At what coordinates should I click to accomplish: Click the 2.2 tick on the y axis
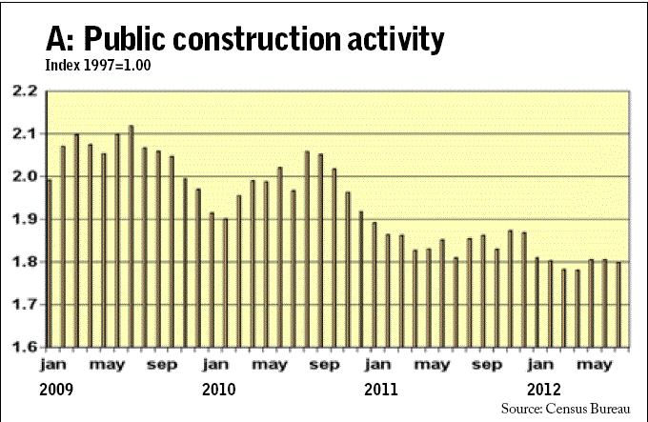click(23, 91)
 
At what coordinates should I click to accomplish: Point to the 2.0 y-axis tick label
click(23, 177)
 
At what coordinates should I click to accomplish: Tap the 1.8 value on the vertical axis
click(23, 262)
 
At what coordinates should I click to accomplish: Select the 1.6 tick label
click(23, 347)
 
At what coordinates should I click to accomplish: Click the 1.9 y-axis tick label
click(23, 220)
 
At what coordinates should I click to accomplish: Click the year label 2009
click(56, 389)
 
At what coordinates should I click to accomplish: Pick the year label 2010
click(219, 389)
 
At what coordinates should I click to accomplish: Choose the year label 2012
click(545, 389)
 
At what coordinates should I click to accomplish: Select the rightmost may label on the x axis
click(597, 365)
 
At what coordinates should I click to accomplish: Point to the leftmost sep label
click(161, 364)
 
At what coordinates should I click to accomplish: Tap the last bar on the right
click(618, 304)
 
